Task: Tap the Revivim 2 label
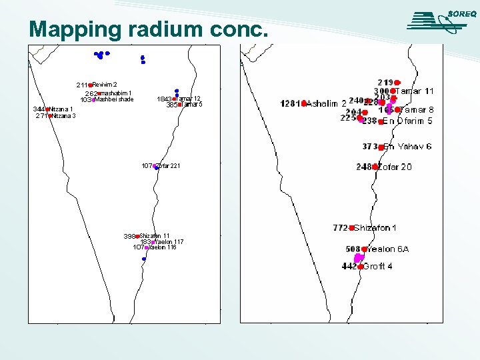pyautogui.click(x=105, y=84)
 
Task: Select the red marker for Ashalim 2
pyautogui.click(x=303, y=103)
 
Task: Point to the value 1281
pyautogui.click(x=290, y=103)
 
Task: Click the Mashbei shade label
pyautogui.click(x=114, y=99)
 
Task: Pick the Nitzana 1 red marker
pyautogui.click(x=48, y=109)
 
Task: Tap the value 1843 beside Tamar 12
pyautogui.click(x=164, y=99)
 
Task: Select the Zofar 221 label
pyautogui.click(x=168, y=165)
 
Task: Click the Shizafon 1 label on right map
pyautogui.click(x=375, y=228)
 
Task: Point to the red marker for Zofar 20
pyautogui.click(x=375, y=167)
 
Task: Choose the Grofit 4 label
pyautogui.click(x=377, y=267)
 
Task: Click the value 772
pyautogui.click(x=340, y=228)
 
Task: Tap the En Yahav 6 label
pyautogui.click(x=407, y=147)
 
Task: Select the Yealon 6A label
pyautogui.click(x=388, y=249)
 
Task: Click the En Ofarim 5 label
pyautogui.click(x=407, y=121)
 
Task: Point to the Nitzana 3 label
pyautogui.click(x=65, y=116)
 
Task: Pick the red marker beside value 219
pyautogui.click(x=397, y=82)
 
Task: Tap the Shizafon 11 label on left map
pyautogui.click(x=155, y=236)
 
